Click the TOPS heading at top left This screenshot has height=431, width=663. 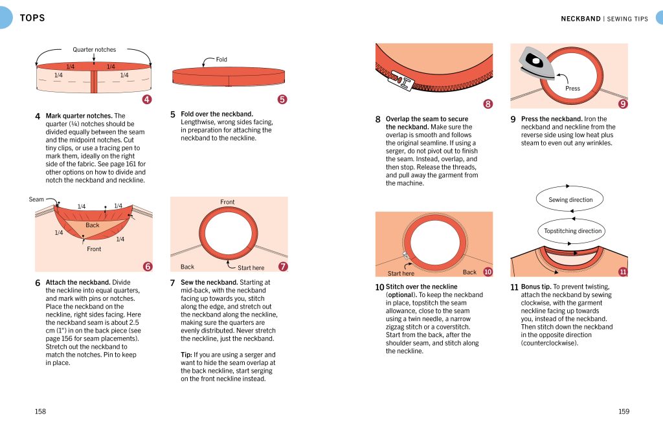[x=32, y=17]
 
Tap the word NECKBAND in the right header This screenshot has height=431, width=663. [x=581, y=19]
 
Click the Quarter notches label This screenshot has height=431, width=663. [x=95, y=49]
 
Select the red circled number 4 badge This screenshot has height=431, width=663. [x=147, y=99]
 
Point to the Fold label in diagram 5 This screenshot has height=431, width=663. [x=221, y=60]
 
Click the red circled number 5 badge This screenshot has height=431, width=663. [x=282, y=99]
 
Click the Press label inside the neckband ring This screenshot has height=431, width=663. [x=572, y=88]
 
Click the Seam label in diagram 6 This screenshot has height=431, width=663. [x=36, y=199]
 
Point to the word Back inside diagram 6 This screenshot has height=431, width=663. [x=92, y=225]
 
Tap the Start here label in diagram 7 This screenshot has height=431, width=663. [x=251, y=268]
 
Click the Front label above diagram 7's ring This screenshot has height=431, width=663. [x=227, y=202]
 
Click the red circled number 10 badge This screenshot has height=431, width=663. [x=488, y=272]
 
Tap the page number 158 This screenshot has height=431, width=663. [x=40, y=412]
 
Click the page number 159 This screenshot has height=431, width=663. [x=624, y=412]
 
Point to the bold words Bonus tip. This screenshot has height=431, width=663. [x=536, y=287]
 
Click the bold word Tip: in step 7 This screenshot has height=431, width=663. [x=186, y=355]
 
